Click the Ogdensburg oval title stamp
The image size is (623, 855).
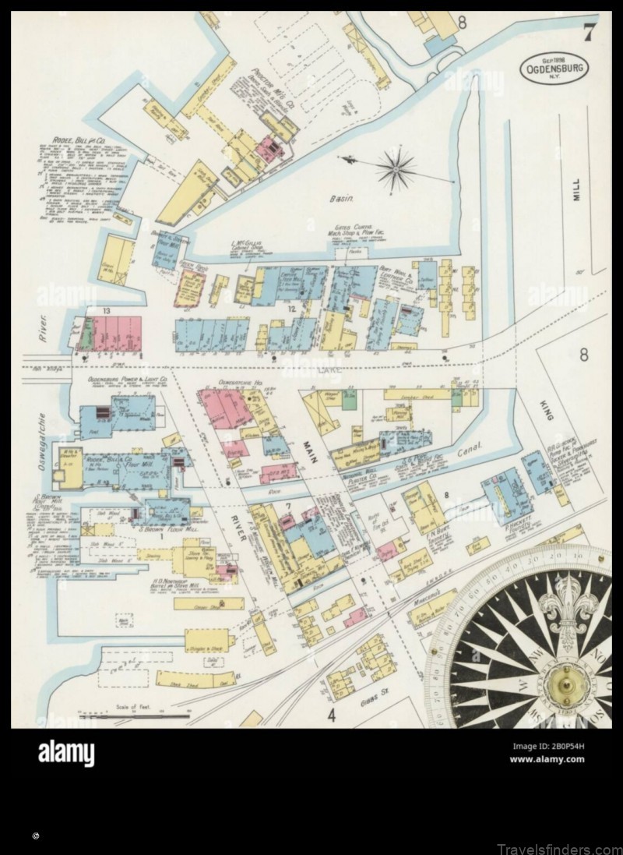click(554, 68)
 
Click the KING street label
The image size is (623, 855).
click(546, 408)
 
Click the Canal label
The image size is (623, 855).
click(471, 449)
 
